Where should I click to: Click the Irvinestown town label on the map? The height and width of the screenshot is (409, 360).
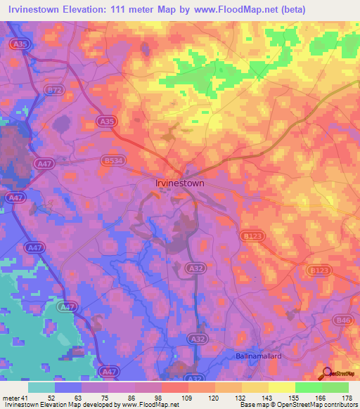[179, 183]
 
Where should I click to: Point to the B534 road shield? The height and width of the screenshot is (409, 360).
[110, 160]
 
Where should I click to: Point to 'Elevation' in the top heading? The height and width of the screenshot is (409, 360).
[77, 9]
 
